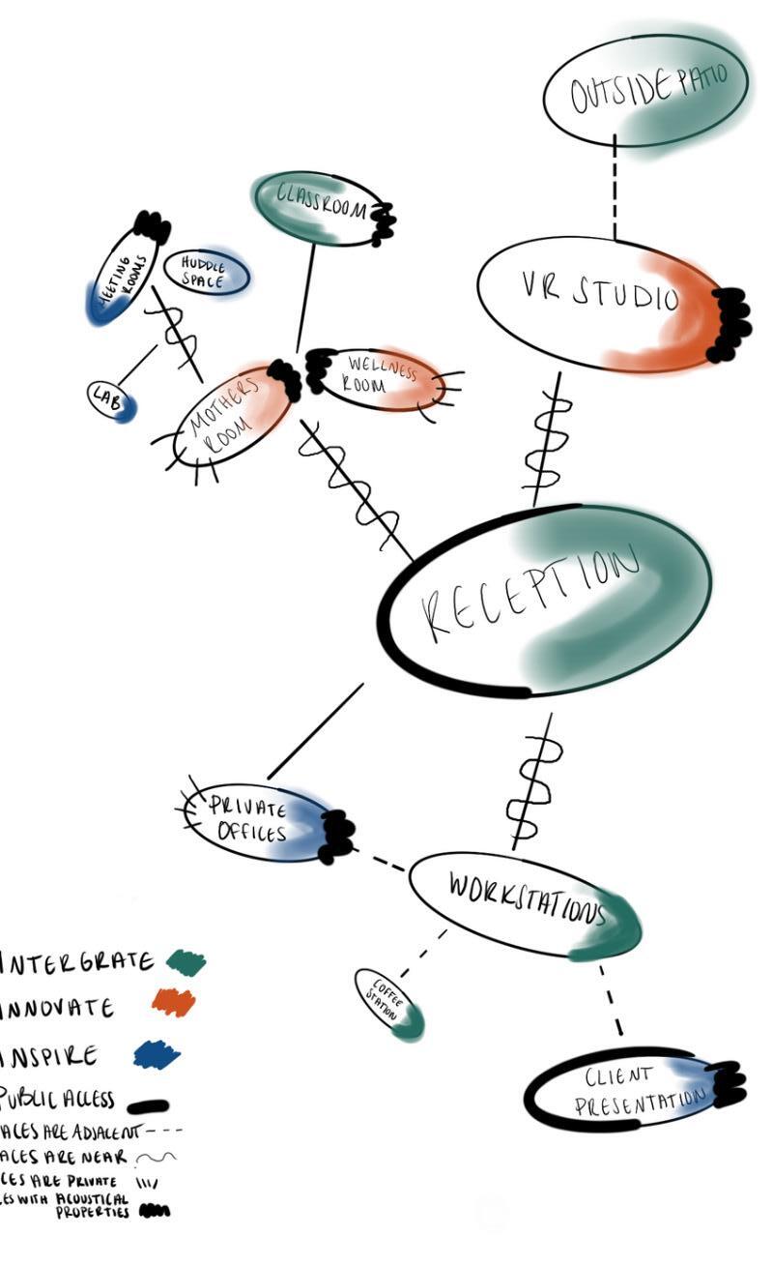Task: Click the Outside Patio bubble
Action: click(x=645, y=92)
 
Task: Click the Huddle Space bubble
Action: click(x=205, y=272)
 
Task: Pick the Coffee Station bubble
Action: click(x=388, y=1003)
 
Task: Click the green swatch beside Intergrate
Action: click(x=186, y=961)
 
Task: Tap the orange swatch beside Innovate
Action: click(x=173, y=1002)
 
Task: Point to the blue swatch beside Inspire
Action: click(x=157, y=1053)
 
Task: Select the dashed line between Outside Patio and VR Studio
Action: click(x=615, y=189)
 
